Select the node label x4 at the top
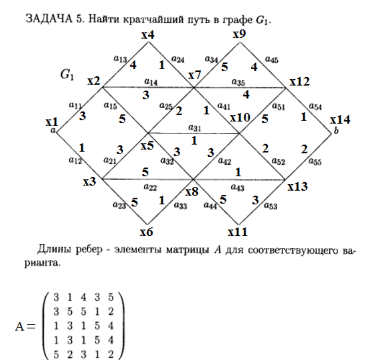click(148, 35)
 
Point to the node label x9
click(239, 35)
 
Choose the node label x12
click(299, 82)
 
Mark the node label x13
click(298, 186)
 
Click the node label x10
click(240, 118)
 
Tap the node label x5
click(147, 145)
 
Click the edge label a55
click(315, 162)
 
